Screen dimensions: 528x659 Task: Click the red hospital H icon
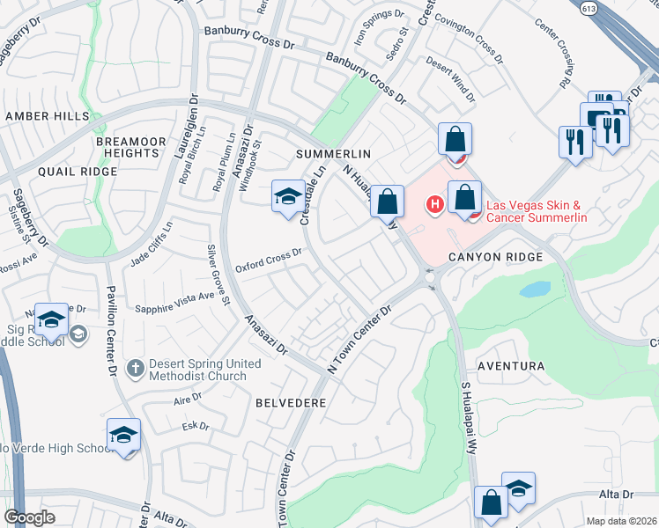coord(433,206)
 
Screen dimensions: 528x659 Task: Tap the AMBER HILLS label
coord(47,116)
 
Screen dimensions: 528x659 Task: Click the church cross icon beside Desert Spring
coord(134,365)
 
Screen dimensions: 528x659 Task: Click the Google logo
coord(29,517)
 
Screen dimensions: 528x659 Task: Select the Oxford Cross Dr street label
coord(269,260)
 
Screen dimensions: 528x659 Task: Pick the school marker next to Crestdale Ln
coord(287,198)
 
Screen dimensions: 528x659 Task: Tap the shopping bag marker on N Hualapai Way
coord(387,202)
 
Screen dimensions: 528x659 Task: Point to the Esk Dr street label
coord(195,426)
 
